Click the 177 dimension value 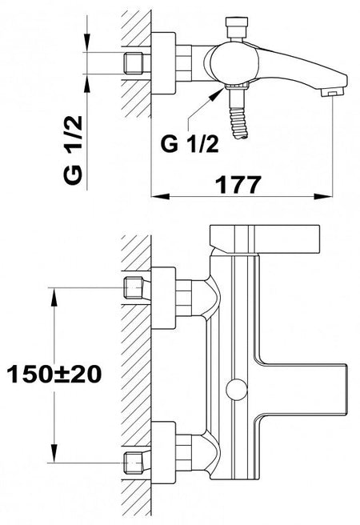coord(238,185)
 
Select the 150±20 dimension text coord(54,374)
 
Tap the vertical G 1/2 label coord(73,150)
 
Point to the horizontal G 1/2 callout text coord(190,144)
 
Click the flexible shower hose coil coord(239,122)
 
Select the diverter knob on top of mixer coord(238,28)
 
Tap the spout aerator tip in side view coord(333,92)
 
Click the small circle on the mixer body coord(237,390)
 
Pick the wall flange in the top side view coord(164,63)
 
